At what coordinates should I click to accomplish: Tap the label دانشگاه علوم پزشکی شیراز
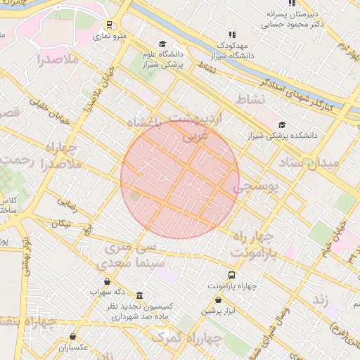162,59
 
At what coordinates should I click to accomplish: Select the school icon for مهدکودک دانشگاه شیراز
232,34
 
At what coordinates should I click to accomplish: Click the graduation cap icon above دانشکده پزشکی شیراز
282,124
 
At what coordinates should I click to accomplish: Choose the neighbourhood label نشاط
250,97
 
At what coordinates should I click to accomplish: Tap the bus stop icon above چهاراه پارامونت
231,275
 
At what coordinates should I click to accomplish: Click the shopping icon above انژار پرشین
219,300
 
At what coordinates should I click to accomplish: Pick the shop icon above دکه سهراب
106,281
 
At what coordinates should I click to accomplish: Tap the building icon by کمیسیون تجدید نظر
139,295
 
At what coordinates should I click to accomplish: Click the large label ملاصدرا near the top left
53,60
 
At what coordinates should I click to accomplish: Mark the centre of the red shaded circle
180,179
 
